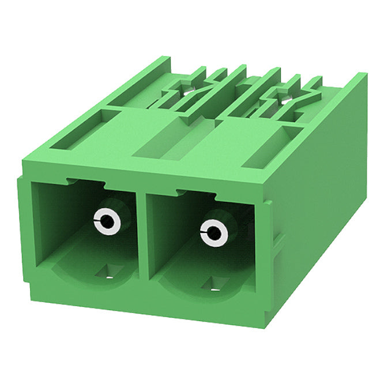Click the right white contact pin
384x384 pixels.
pos(214,234)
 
